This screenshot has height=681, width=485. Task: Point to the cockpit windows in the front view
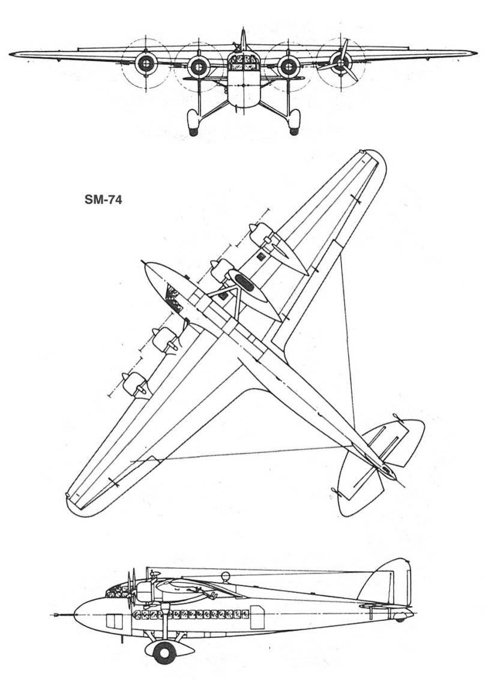(x=242, y=61)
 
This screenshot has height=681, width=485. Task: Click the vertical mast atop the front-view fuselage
(x=242, y=38)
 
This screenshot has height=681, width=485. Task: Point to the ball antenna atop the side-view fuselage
(x=226, y=577)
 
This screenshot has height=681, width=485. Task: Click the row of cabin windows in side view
(x=192, y=614)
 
